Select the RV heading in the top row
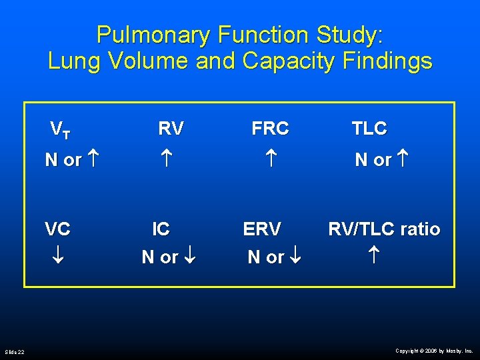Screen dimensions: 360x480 (171, 129)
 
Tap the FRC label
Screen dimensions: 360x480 (270, 129)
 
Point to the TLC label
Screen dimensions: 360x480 (369, 129)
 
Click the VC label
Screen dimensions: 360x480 (57, 229)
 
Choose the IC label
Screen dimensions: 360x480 (161, 229)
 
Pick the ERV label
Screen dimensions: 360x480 (262, 229)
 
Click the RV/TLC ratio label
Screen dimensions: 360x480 (384, 229)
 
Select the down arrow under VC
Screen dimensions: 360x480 (58, 257)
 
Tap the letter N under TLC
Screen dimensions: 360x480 (361, 161)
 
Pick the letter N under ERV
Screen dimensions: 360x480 (254, 257)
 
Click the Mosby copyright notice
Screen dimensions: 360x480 (433, 351)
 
